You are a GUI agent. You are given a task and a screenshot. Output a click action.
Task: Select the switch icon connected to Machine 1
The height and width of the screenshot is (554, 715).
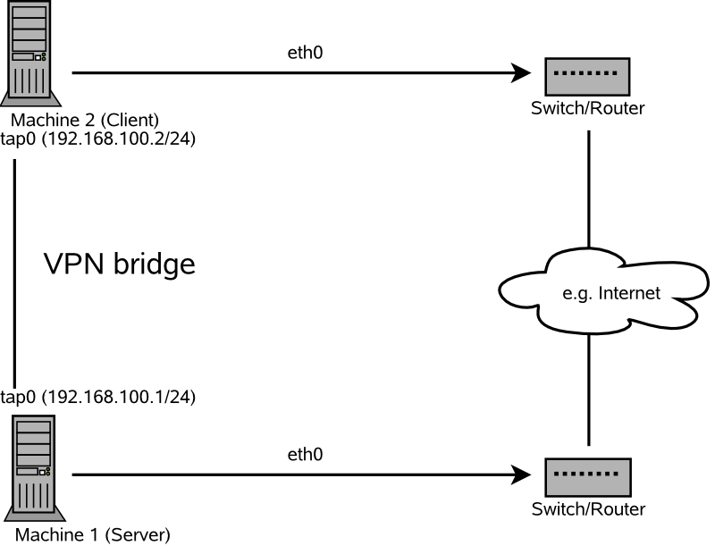587,476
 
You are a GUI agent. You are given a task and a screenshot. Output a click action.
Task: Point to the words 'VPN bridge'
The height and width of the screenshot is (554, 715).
119,264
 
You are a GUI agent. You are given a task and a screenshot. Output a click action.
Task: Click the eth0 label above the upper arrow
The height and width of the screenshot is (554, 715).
305,53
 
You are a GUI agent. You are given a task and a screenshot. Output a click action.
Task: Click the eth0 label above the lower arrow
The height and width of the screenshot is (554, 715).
305,455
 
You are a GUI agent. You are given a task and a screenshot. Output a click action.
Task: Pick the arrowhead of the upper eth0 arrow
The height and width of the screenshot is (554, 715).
521,74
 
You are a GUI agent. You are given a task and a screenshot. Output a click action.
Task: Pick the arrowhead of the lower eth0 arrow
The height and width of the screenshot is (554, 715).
521,475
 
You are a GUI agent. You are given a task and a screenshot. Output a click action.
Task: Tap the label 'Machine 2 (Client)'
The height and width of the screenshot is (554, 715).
85,120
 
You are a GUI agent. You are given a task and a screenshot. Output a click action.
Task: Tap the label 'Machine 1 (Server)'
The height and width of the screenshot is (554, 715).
91,536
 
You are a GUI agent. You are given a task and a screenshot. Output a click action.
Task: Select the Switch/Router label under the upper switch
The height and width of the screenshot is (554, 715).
587,108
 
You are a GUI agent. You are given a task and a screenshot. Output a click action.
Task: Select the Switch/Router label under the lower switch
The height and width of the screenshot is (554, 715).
587,509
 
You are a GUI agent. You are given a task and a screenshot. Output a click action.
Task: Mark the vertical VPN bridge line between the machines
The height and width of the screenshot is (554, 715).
15,268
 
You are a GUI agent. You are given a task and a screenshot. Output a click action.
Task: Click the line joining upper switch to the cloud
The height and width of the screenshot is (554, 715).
589,188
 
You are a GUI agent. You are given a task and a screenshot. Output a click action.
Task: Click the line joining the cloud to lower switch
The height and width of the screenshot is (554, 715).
589,389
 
